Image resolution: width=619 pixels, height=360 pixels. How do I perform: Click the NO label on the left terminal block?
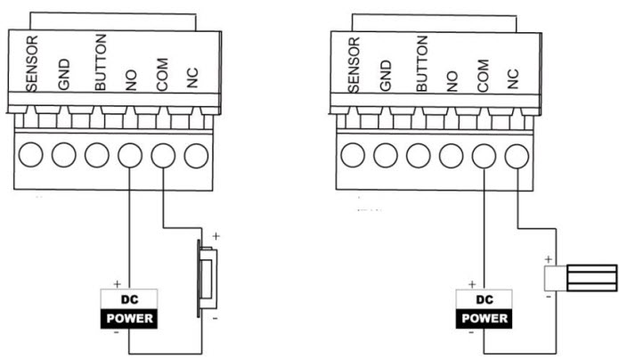(130, 81)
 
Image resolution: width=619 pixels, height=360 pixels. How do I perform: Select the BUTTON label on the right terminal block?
(421, 65)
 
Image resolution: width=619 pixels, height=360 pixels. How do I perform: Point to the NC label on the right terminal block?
(512, 79)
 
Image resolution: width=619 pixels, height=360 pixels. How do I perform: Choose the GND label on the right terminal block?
(386, 76)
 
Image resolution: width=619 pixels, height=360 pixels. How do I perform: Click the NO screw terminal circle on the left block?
(130, 155)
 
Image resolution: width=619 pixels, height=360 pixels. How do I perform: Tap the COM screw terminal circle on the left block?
(163, 155)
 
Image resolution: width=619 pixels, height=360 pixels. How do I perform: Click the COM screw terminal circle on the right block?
(484, 155)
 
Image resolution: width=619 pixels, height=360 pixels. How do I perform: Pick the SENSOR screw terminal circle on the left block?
(30, 155)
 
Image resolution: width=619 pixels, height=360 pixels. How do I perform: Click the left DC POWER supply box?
(131, 308)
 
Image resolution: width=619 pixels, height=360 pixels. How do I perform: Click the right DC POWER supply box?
(485, 308)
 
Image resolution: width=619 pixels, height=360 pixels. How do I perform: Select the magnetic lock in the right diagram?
(581, 275)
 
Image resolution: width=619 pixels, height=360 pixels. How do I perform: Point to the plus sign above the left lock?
(216, 237)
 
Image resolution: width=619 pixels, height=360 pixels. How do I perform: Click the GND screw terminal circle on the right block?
(386, 155)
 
